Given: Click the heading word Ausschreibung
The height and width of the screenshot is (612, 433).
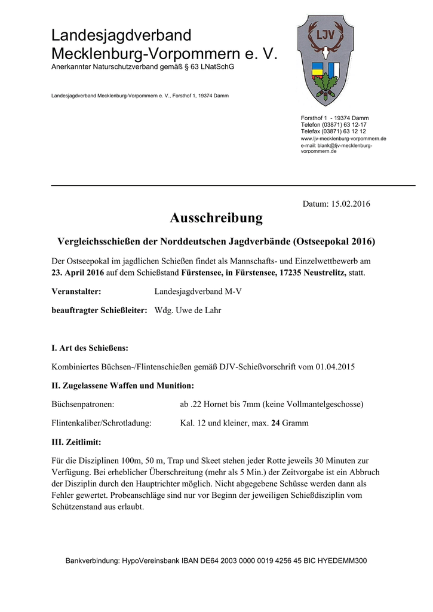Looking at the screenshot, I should tap(216, 218).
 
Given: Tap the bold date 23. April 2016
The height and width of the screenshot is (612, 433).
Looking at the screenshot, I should tap(78, 273).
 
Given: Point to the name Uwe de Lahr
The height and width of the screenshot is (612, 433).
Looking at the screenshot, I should tap(198, 311).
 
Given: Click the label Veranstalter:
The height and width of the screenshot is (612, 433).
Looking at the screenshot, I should tap(76, 291).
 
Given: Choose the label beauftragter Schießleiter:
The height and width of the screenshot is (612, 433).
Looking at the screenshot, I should tap(99, 311).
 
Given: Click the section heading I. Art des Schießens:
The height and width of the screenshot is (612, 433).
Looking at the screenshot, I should tap(90, 347).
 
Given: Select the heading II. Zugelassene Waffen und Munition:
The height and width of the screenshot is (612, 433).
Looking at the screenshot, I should tap(123, 385).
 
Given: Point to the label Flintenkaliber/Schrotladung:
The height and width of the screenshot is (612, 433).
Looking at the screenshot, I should tap(102, 423).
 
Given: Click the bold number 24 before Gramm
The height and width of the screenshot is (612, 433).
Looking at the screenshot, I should tap(276, 423).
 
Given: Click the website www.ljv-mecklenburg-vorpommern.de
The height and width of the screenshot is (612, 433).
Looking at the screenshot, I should tap(343, 139).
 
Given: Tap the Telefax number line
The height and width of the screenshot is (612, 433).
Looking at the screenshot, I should tap(333, 131).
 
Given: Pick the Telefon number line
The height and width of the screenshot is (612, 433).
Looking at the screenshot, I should tap(333, 124).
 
